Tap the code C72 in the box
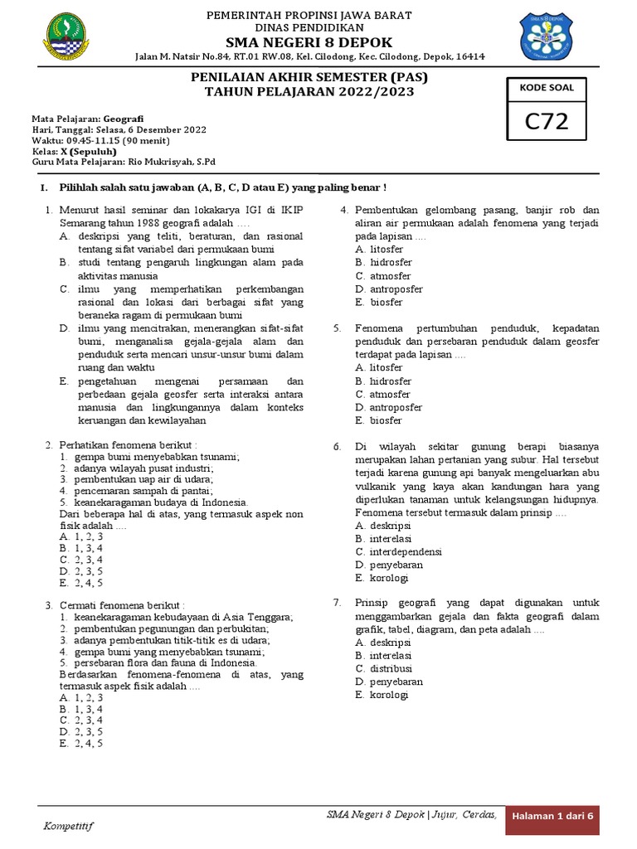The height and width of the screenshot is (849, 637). pyautogui.click(x=547, y=121)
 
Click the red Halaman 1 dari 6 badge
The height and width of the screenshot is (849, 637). pyautogui.click(x=554, y=817)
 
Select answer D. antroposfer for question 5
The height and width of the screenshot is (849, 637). pyautogui.click(x=388, y=407)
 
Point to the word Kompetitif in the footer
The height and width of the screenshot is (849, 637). pyautogui.click(x=69, y=826)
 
